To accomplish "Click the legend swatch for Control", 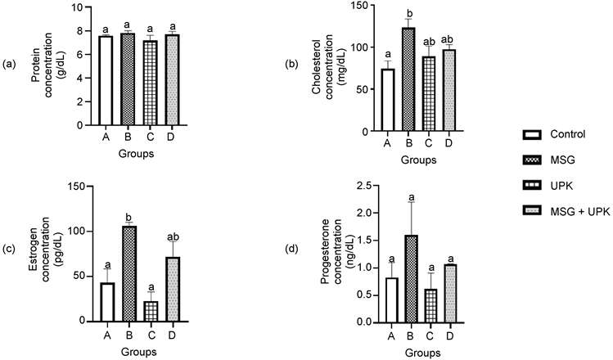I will point(532,134).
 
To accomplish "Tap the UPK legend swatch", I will point(532,186).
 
